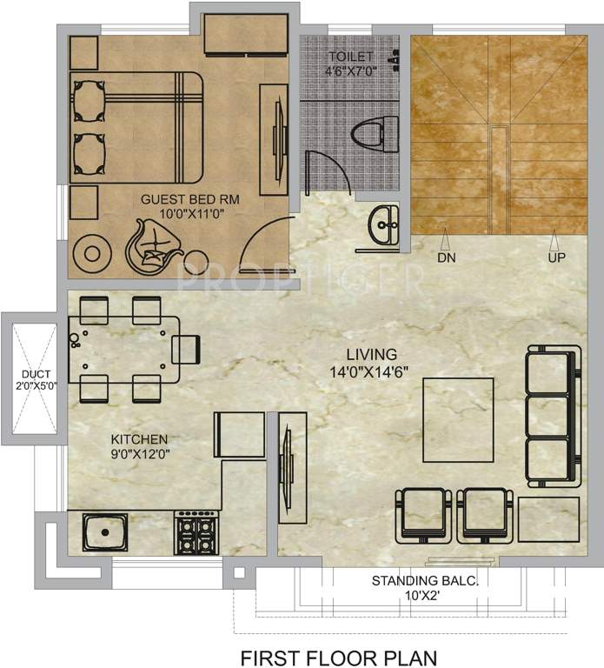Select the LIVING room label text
(x=371, y=354)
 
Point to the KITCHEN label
(x=139, y=438)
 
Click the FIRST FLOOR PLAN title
(x=339, y=655)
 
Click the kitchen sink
(x=107, y=531)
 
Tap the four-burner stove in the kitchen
(x=196, y=531)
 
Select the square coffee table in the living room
(x=458, y=420)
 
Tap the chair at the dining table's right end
(x=187, y=349)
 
